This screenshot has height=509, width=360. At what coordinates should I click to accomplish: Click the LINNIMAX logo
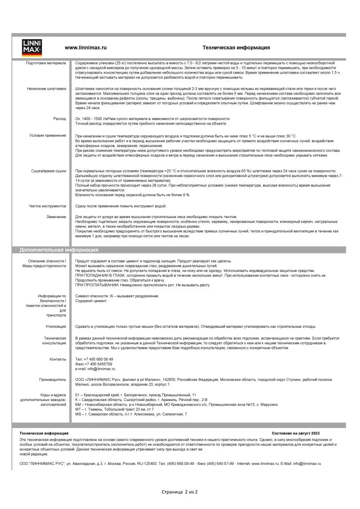[x=32, y=48]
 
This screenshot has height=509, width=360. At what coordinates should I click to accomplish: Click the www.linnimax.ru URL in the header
[x=86, y=48]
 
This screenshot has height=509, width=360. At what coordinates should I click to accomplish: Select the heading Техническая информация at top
[x=236, y=48]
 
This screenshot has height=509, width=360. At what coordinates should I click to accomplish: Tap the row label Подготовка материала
[x=46, y=63]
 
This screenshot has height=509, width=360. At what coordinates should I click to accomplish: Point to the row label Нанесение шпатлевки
[x=47, y=89]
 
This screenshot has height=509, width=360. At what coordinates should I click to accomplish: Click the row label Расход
[x=60, y=119]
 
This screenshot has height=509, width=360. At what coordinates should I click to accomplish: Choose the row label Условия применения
[x=48, y=136]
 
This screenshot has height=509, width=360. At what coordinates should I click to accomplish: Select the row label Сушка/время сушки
[x=48, y=171]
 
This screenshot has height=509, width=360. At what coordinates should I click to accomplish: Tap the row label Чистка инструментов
[x=47, y=206]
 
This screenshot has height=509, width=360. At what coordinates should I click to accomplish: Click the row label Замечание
[x=56, y=217]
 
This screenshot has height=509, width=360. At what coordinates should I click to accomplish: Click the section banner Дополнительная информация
[x=59, y=250]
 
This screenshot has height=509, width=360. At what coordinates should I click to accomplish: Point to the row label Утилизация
[x=56, y=327]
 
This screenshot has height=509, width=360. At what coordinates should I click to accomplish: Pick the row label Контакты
[x=58, y=359]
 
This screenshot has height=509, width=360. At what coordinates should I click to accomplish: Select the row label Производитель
[x=53, y=380]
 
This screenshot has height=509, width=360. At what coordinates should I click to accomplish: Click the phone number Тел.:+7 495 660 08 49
[x=94, y=359]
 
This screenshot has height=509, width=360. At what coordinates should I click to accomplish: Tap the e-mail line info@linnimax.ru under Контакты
[x=95, y=369]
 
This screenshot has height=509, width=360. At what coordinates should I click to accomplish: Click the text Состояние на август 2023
[x=296, y=434]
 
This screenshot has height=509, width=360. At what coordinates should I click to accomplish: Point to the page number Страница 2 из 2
[x=179, y=492]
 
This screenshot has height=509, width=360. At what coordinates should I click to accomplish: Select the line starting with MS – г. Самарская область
[x=131, y=414]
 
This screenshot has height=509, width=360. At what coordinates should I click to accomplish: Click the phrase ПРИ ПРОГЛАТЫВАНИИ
[x=89, y=285]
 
